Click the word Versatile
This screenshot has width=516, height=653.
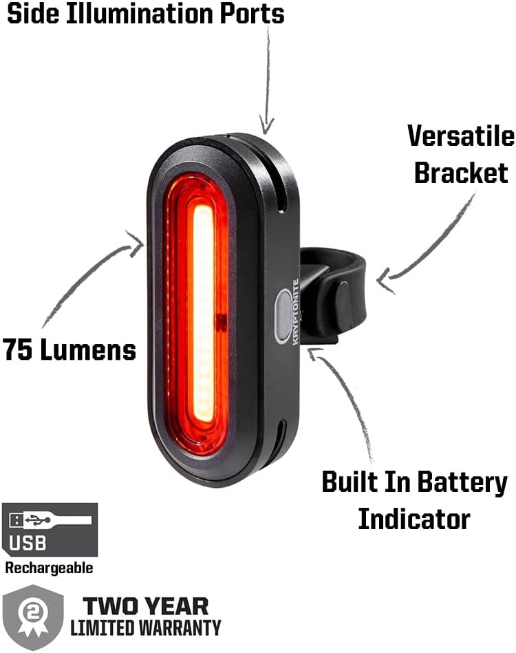pyautogui.click(x=460, y=136)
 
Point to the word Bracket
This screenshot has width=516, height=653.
pyautogui.click(x=460, y=172)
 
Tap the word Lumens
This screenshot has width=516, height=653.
pyautogui.click(x=87, y=350)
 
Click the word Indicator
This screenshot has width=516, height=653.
pyautogui.click(x=414, y=518)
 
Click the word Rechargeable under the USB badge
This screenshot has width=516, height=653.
pyautogui.click(x=49, y=568)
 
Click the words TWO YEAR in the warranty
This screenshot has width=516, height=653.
pyautogui.click(x=145, y=606)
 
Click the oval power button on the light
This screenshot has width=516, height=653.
pyautogui.click(x=283, y=317)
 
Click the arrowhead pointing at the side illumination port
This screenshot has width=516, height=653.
pyautogui.click(x=267, y=125)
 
